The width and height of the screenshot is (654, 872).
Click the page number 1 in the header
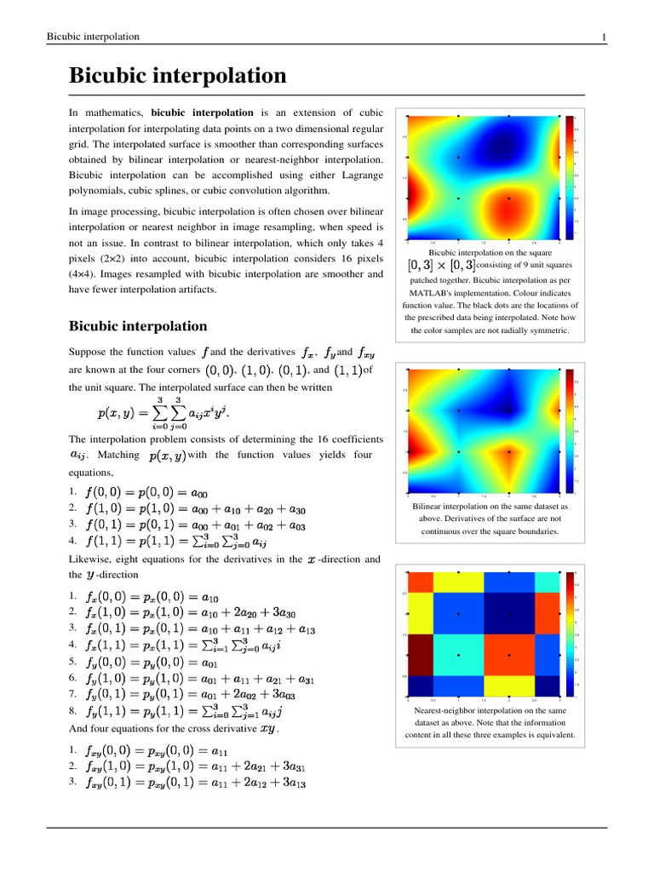[603, 37]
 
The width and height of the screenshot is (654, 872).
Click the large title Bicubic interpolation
[177, 77]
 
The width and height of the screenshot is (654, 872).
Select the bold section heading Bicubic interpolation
[137, 326]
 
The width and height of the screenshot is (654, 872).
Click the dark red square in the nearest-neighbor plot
[420, 656]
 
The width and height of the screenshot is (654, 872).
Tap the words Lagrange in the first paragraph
[362, 175]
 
